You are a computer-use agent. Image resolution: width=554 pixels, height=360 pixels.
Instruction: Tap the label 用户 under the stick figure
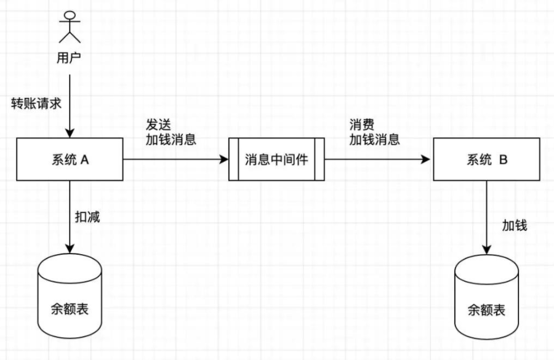69,58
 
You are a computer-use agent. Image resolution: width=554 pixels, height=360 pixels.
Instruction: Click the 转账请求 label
36,103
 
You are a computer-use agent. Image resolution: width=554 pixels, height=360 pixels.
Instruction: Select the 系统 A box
69,160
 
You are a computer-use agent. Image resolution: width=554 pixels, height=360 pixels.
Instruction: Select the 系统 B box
487,160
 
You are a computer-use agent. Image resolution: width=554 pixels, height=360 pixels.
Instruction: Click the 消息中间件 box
276,160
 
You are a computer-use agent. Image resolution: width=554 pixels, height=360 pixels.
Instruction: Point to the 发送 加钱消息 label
171,131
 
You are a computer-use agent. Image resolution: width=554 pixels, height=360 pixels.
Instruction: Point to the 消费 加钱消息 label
374,131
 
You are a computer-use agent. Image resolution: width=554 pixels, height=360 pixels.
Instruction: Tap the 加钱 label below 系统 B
514,225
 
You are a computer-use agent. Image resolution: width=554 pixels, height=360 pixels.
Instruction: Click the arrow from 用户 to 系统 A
70,105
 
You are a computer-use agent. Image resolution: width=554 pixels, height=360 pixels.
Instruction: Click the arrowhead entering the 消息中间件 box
224,160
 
